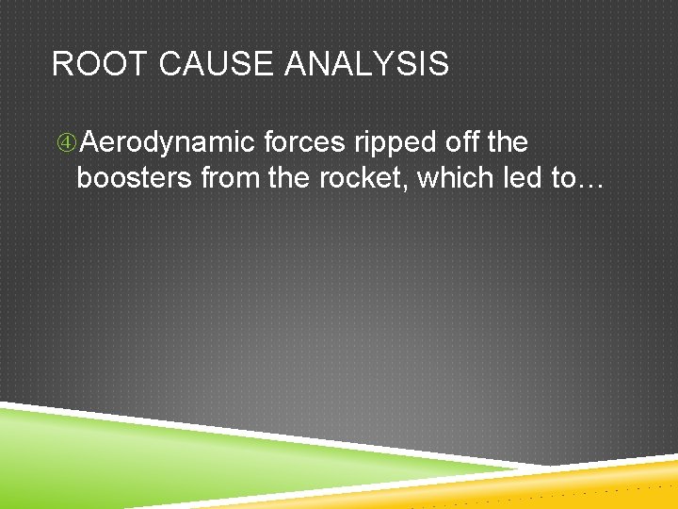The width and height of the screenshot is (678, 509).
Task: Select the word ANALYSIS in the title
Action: [x=367, y=65]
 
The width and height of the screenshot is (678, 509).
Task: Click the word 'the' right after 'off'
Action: [x=508, y=143]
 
